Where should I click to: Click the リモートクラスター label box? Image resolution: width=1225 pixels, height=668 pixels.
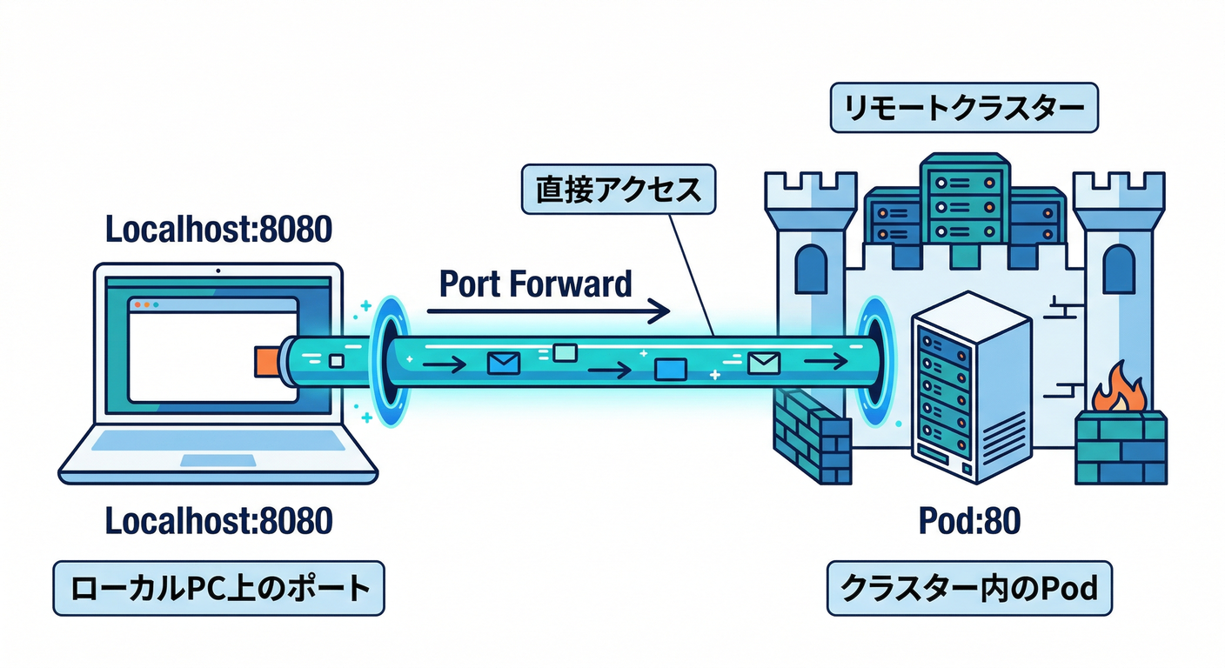point(964,108)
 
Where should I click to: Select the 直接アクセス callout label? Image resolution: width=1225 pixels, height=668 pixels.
point(618,190)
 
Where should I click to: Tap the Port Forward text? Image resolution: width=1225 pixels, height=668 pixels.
point(535,284)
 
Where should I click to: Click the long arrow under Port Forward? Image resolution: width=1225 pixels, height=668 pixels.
point(548,311)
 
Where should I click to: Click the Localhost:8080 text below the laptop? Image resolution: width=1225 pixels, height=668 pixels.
point(218,521)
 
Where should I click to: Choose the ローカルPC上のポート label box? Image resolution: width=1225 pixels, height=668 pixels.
point(218,589)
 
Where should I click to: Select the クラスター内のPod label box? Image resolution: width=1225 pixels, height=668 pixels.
point(969,589)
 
